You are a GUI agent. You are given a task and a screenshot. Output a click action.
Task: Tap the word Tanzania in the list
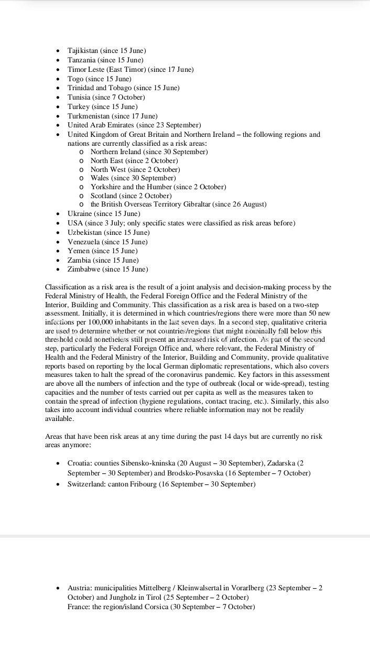(x=81, y=60)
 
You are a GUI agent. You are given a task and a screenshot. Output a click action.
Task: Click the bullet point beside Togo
(x=58, y=79)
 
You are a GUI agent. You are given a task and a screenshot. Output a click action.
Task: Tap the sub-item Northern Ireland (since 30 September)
(x=149, y=152)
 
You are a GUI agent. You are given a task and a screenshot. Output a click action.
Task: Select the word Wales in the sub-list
(x=100, y=178)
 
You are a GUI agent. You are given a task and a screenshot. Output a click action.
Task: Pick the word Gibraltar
(x=192, y=204)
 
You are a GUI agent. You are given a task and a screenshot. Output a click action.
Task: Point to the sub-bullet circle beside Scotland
(x=81, y=196)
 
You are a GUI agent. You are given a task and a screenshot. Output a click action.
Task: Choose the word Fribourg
(x=141, y=484)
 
